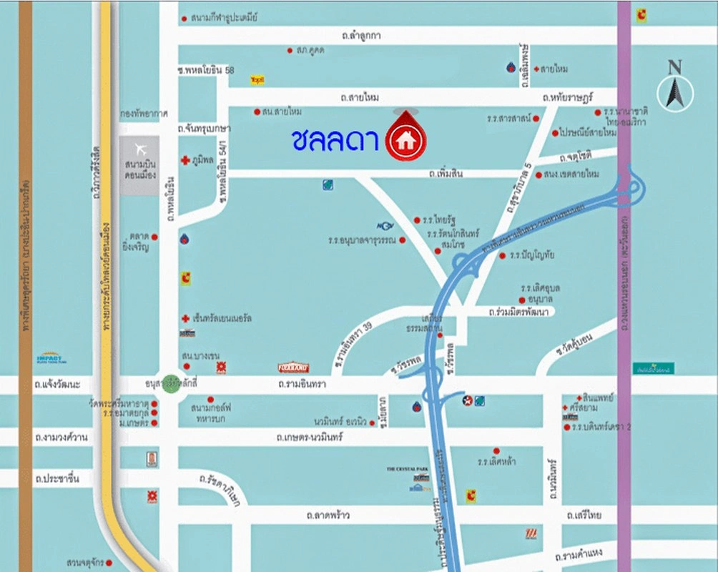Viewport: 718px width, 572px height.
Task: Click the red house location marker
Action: (405, 139)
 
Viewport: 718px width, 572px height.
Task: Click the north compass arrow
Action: (674, 89)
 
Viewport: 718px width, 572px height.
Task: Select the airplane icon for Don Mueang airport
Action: (140, 149)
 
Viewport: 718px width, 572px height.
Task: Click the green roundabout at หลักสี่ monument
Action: (170, 384)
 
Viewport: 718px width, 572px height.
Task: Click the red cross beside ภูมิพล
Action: (185, 159)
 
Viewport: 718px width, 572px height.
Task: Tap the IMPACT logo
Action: (52, 358)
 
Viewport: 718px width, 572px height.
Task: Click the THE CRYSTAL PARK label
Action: (408, 469)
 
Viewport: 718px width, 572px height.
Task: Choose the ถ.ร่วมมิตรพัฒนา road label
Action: (518, 312)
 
